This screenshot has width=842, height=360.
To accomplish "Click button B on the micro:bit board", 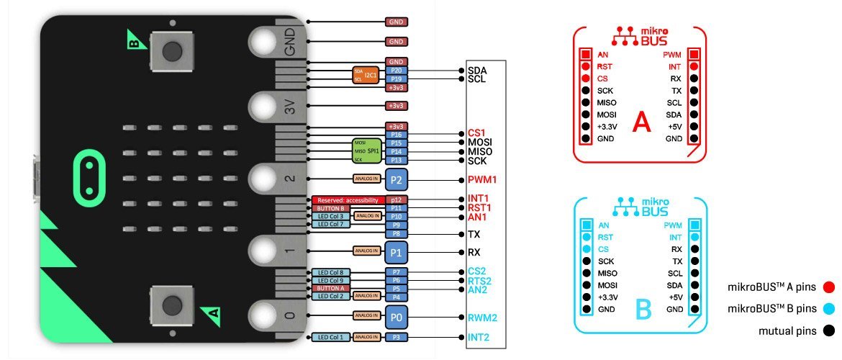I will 171,51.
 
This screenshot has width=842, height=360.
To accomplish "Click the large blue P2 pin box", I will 396,179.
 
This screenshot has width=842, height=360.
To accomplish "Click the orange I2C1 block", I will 366,75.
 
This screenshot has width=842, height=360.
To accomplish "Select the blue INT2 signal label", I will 479,336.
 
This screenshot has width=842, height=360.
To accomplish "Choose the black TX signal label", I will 474,234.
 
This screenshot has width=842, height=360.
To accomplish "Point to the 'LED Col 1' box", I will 331,336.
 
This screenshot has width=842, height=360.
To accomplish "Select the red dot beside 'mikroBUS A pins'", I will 829,287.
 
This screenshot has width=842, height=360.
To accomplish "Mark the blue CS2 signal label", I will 477,271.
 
